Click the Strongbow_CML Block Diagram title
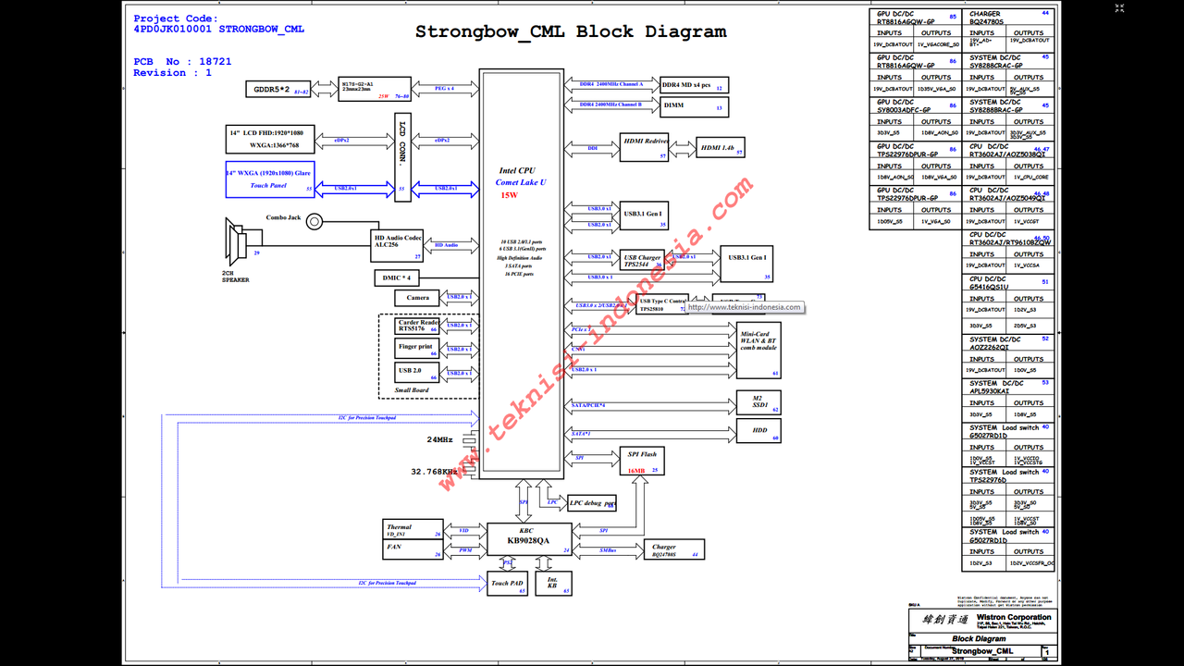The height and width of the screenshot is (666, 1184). (x=571, y=31)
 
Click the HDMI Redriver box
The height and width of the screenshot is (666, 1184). (x=645, y=147)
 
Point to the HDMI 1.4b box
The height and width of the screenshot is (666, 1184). (x=721, y=147)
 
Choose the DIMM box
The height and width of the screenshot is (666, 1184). (x=694, y=107)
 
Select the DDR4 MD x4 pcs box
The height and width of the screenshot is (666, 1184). (x=694, y=84)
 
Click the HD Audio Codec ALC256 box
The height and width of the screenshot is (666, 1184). (x=398, y=243)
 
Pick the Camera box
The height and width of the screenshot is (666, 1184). (x=417, y=298)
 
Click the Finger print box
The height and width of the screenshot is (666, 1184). (x=416, y=349)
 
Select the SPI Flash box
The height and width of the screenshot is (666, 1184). (x=643, y=461)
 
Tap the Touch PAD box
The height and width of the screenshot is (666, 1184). (x=507, y=584)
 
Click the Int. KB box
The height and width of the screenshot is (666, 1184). (x=553, y=583)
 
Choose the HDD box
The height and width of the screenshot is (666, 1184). (x=758, y=431)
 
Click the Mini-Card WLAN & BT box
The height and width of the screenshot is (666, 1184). (x=758, y=349)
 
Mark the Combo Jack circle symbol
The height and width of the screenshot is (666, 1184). (x=315, y=221)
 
